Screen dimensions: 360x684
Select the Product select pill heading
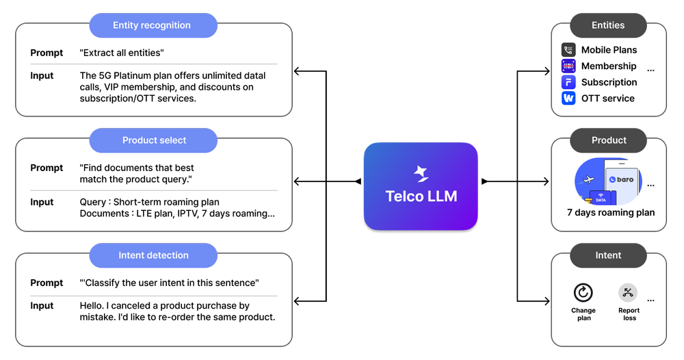[154, 140]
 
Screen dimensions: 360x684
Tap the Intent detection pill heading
[153, 255]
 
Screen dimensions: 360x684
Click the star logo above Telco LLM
[421, 174]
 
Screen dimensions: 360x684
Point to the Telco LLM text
[421, 196]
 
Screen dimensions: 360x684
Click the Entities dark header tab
[608, 25]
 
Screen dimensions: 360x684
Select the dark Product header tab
[608, 140]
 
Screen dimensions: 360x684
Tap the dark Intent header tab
[608, 255]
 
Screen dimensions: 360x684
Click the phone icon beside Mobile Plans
[568, 50]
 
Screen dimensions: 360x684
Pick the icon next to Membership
[568, 66]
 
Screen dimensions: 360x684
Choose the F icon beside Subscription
[568, 82]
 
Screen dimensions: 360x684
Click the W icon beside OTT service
[568, 99]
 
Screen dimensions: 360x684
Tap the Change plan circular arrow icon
[583, 293]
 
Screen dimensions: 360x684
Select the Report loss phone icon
[628, 293]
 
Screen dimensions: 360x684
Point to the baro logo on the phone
[621, 180]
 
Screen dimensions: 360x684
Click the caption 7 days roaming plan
[611, 212]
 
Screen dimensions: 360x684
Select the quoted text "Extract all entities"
[122, 53]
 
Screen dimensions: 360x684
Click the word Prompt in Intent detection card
[47, 283]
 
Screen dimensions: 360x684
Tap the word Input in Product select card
[42, 202]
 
